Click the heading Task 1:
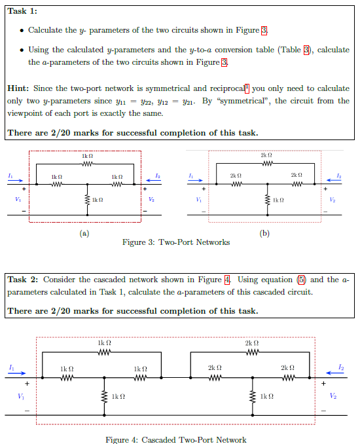point(22,10)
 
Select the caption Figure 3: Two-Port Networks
point(176,242)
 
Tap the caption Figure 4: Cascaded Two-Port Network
point(176,439)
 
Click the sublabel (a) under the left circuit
point(84,232)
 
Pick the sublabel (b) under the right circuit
point(264,232)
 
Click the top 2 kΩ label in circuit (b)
point(265,155)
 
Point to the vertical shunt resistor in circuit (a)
point(87,199)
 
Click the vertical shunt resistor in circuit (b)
point(266,199)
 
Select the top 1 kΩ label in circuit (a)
point(87,156)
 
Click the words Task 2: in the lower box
point(24,280)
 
